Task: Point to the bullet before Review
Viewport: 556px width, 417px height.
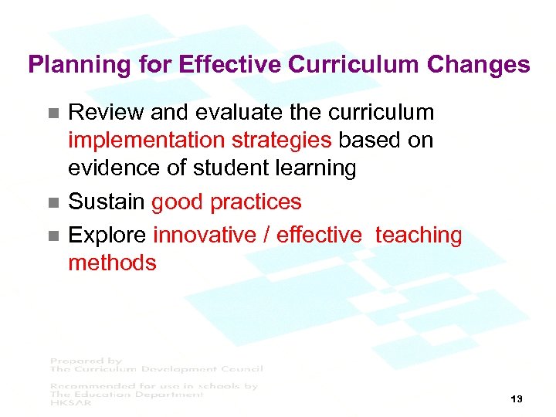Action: (53, 113)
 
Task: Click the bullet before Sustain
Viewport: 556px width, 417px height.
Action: (53, 203)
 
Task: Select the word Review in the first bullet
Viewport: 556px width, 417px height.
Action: (106, 113)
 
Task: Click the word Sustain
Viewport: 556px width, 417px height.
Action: (107, 202)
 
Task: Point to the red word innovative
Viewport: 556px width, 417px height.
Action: (204, 235)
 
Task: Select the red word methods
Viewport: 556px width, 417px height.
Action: (112, 263)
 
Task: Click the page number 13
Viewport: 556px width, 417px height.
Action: (517, 399)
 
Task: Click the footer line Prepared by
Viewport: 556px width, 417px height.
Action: (86, 361)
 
